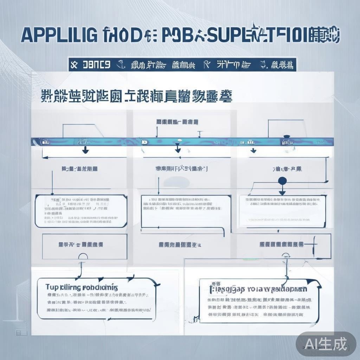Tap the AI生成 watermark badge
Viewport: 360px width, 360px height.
point(326,342)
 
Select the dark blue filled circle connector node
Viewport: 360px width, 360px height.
point(282,181)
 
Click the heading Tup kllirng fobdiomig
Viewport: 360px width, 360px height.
point(82,287)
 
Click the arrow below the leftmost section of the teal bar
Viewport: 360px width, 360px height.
point(85,150)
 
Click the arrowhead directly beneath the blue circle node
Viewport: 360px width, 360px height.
point(282,192)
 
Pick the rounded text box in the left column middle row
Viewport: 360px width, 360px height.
point(81,211)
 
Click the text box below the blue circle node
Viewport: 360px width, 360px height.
point(283,210)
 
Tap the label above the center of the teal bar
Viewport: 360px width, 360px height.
point(177,122)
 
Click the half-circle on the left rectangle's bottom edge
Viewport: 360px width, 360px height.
point(83,257)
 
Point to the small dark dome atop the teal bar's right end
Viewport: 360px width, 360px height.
point(287,136)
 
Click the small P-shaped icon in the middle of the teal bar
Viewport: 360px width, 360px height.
point(143,142)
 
